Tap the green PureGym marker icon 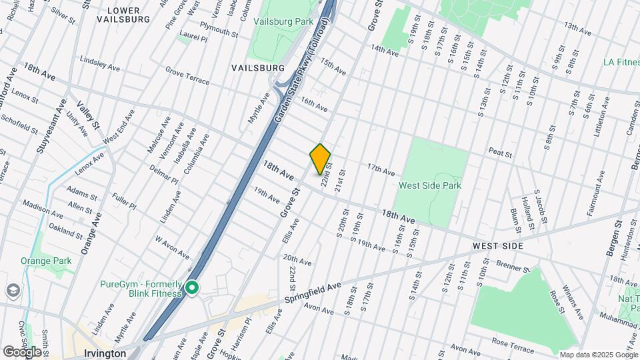193,288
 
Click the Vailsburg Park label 283,22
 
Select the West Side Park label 430,185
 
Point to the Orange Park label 46,261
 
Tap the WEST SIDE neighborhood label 498,246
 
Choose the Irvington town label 106,353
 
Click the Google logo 22,351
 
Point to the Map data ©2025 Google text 598,355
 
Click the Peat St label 499,153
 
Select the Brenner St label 513,266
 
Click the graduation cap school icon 12,291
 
